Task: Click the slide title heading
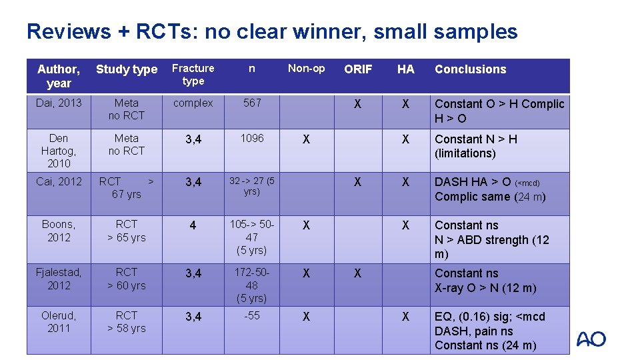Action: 272,31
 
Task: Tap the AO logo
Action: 591,339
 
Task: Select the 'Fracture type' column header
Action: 193,75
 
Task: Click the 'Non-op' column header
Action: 306,68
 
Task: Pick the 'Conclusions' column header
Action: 470,69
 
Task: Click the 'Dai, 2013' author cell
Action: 59,103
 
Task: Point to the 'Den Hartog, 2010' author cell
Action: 59,151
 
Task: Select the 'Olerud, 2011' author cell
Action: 59,321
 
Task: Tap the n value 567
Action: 252,103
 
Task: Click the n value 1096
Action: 252,138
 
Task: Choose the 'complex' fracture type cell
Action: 193,103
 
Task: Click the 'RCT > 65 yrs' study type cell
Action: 126,231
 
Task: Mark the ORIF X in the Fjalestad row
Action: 357,273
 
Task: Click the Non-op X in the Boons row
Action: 306,225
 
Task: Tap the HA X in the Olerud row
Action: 405,317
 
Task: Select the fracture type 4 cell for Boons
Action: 193,225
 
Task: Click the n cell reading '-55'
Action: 252,315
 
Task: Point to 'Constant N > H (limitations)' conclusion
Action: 476,146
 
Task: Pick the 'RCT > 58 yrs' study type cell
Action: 126,321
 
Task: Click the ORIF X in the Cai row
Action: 357,182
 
